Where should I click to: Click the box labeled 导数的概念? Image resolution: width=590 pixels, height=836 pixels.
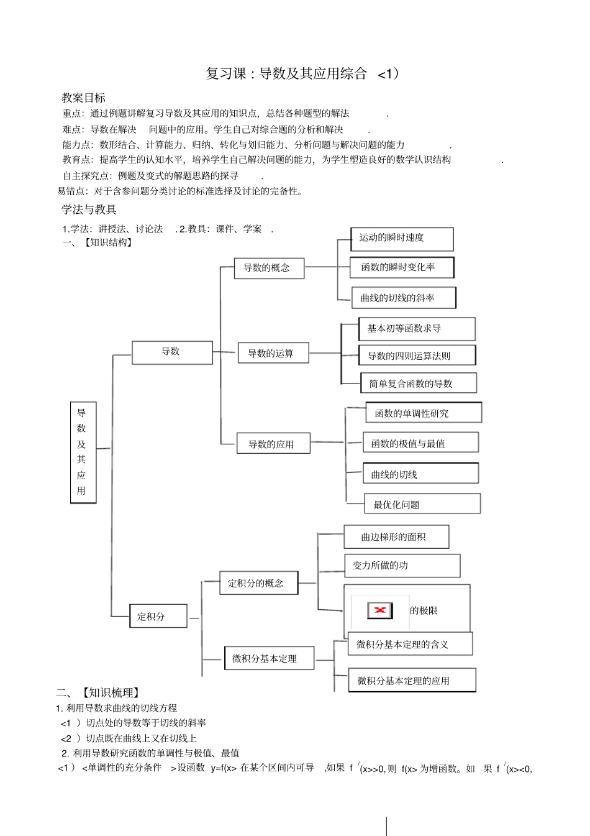click(x=269, y=268)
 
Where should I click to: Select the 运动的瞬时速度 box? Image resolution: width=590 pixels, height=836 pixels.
click(x=402, y=239)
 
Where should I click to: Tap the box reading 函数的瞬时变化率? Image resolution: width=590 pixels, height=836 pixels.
click(x=402, y=267)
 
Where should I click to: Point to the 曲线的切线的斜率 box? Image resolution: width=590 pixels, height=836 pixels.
click(x=403, y=298)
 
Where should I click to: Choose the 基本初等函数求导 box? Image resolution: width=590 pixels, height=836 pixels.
click(x=417, y=329)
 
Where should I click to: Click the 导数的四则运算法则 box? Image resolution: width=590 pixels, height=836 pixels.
click(x=417, y=356)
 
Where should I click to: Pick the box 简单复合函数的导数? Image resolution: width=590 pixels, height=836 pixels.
click(x=418, y=383)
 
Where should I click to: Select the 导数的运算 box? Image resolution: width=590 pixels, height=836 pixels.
click(x=273, y=353)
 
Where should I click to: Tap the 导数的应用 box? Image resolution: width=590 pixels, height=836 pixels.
click(x=273, y=444)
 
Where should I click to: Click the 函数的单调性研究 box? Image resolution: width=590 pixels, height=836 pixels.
click(x=424, y=413)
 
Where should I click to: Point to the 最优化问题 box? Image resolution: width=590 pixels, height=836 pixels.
click(x=422, y=504)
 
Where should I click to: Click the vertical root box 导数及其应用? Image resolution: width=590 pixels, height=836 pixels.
click(x=83, y=452)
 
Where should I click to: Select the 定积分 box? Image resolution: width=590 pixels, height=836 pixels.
click(x=158, y=616)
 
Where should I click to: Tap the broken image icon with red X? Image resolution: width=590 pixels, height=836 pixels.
click(x=380, y=610)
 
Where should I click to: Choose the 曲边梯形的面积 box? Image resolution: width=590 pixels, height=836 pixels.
click(x=396, y=537)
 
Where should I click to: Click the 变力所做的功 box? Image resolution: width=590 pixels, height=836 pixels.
click(x=402, y=566)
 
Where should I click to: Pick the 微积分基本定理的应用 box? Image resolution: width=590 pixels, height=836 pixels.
click(x=412, y=680)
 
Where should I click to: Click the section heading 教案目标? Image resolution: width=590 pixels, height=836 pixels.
click(x=83, y=98)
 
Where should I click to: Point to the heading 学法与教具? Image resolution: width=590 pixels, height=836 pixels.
click(x=89, y=209)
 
